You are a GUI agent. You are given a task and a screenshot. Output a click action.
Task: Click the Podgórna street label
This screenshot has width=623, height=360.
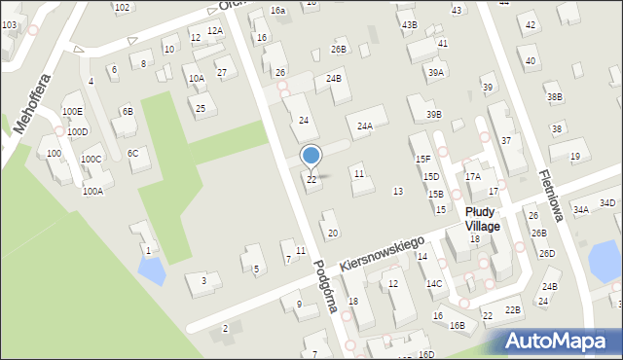point(326,284)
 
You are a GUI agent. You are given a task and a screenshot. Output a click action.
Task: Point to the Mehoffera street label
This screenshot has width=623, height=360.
point(33,102)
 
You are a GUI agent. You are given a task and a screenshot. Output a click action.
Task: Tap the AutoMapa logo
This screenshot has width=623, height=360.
point(563,342)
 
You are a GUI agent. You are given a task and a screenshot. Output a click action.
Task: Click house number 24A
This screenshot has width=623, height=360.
point(365,126)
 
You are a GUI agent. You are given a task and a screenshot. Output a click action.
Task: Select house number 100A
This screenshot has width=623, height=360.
point(92,192)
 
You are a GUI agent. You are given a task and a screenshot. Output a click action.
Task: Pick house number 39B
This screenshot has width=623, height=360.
point(434,115)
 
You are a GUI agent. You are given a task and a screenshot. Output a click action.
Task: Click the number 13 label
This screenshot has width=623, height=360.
point(397,191)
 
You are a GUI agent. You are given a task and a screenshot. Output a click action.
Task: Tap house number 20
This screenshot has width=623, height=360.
point(333,233)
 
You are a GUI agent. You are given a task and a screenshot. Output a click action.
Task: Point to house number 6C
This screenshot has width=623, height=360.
point(133,153)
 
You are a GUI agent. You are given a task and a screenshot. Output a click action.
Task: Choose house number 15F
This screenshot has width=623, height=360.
point(422,159)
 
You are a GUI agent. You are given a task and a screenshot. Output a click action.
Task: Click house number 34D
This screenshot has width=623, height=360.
point(607,202)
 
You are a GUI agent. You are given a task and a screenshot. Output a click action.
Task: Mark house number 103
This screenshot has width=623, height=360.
point(9,23)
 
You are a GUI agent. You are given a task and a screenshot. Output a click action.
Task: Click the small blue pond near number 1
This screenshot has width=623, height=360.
point(151,272)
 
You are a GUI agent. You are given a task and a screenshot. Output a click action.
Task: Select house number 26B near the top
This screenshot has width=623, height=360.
point(338,49)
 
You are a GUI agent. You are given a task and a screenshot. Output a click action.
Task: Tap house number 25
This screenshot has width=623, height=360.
point(201,108)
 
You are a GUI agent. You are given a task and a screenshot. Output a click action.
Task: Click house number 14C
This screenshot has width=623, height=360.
point(434,283)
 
